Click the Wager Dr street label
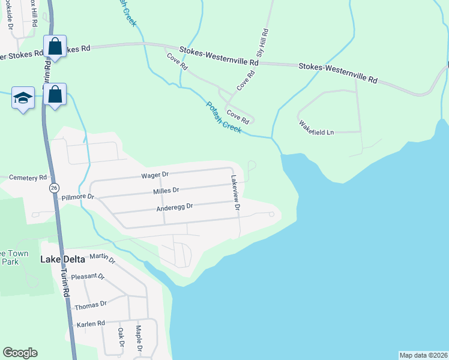pyautogui.click(x=155, y=175)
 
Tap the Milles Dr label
pyautogui.click(x=166, y=190)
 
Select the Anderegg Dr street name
pyautogui.click(x=174, y=206)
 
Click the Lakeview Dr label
pyautogui.click(x=236, y=193)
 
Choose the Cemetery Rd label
pyautogui.click(x=29, y=178)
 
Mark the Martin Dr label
pyautogui.click(x=102, y=259)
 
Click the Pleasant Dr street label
pyautogui.click(x=88, y=277)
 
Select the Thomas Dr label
pyautogui.click(x=90, y=306)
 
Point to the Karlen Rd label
pyautogui.click(x=91, y=323)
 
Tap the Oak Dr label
pyautogui.click(x=121, y=338)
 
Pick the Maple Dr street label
pyautogui.click(x=139, y=338)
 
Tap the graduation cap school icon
pyautogui.click(x=23, y=97)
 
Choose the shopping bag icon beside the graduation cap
pyautogui.click(x=55, y=94)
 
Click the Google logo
pyautogui.click(x=20, y=353)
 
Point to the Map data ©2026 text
pyautogui.click(x=423, y=355)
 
